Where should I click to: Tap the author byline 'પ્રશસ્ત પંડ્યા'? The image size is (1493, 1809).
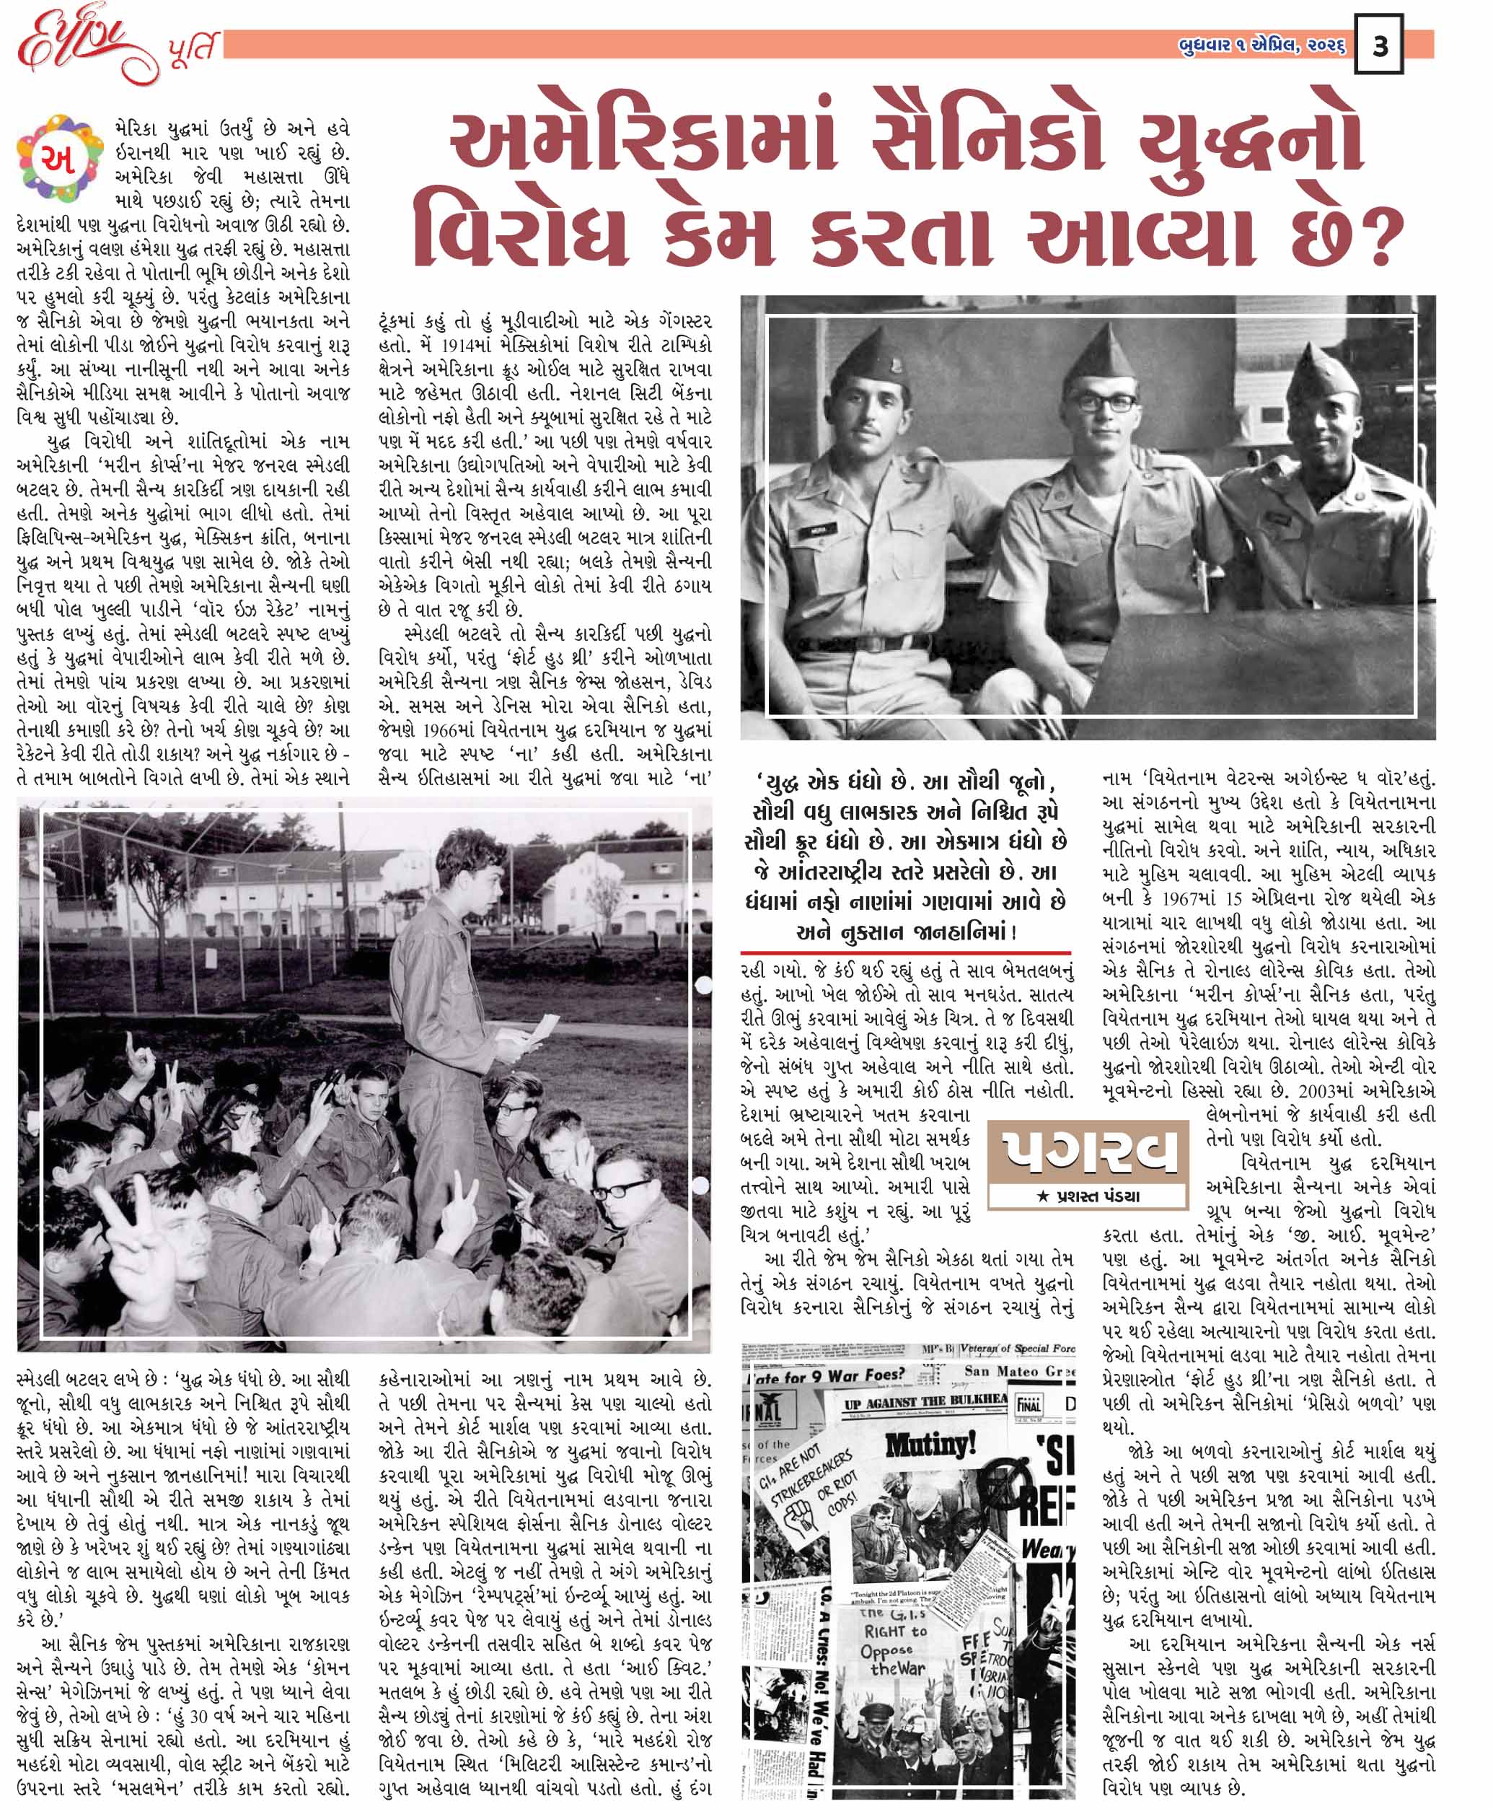[1090, 1196]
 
